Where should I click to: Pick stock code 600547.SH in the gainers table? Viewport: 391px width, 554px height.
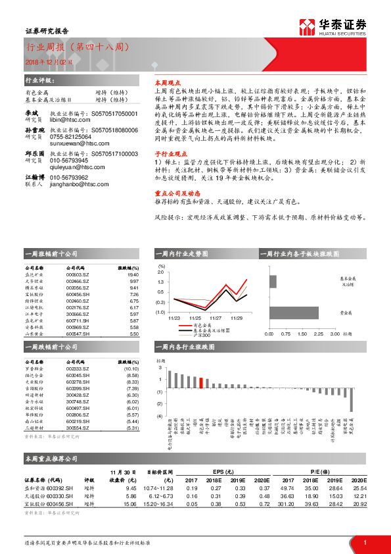[x=78, y=334]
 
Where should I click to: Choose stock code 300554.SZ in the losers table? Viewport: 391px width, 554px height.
[x=78, y=428]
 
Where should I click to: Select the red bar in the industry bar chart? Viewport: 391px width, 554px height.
[x=201, y=380]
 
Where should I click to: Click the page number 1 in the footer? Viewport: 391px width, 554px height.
[x=364, y=542]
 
